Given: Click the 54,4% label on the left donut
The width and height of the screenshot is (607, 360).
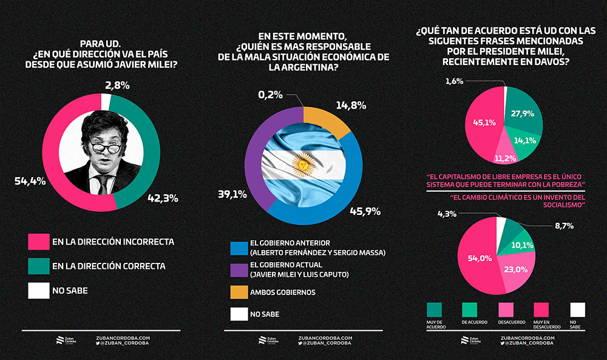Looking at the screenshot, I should tap(30, 182).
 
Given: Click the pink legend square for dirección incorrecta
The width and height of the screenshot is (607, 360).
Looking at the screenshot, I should tap(37, 241).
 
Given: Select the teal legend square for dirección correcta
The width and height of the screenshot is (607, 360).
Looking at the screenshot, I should tap(37, 266).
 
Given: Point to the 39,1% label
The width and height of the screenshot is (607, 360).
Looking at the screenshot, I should tap(232, 194).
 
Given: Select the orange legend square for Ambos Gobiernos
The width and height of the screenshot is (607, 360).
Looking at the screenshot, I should tap(239, 292).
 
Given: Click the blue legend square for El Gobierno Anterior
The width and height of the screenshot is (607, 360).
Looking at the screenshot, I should tap(239, 248).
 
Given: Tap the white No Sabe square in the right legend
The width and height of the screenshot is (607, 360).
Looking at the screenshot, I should tap(577, 310).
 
